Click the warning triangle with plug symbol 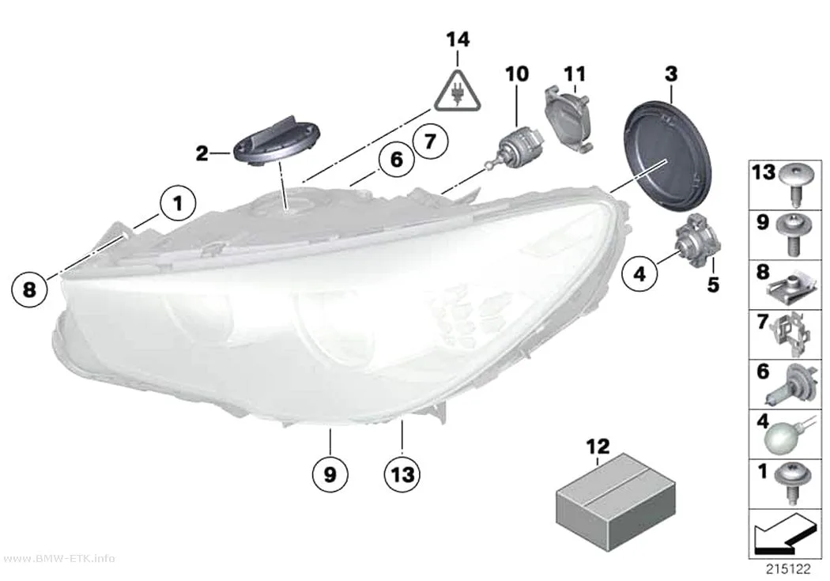click(458, 92)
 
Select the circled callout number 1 click(179, 203)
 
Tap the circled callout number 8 click(30, 289)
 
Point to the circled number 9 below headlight click(330, 474)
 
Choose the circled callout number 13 click(402, 474)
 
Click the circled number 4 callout click(640, 274)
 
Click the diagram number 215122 click(788, 569)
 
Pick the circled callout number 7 click(430, 141)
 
